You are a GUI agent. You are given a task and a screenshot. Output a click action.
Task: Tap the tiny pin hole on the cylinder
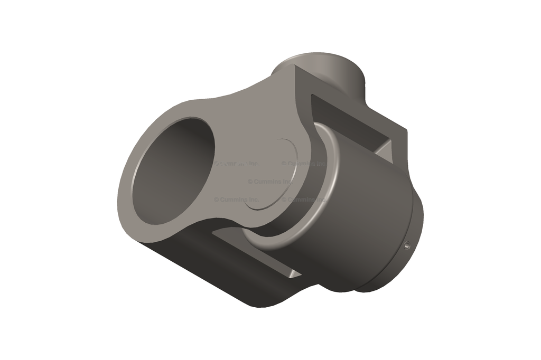tap(407, 244)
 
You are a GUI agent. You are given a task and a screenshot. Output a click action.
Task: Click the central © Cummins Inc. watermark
tap(269, 182)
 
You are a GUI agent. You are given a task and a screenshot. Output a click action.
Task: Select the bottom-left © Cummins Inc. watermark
tap(236, 200)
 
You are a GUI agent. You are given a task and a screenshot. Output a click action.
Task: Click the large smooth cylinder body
tap(365, 222)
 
